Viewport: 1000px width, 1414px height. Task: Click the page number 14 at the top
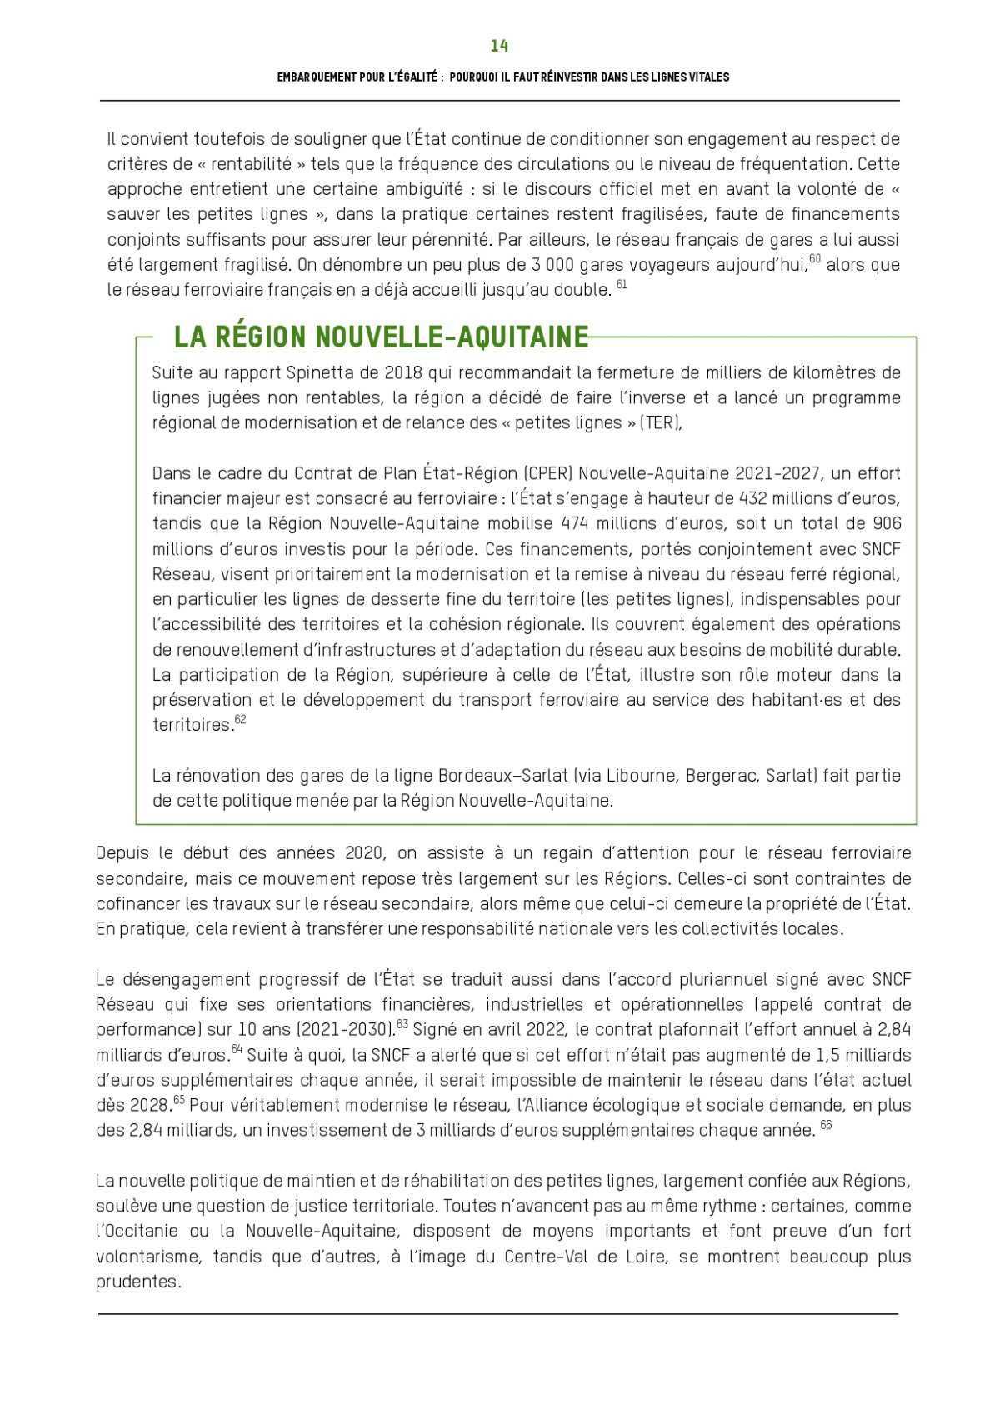499,45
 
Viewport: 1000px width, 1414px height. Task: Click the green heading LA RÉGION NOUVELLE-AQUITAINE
381,337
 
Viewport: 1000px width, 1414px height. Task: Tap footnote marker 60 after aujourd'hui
816,259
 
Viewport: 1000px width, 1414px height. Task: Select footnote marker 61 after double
621,285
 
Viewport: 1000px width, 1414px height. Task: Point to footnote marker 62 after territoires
240,719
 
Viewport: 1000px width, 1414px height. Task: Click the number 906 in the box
885,523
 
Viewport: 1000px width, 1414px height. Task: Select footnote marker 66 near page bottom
827,1125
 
